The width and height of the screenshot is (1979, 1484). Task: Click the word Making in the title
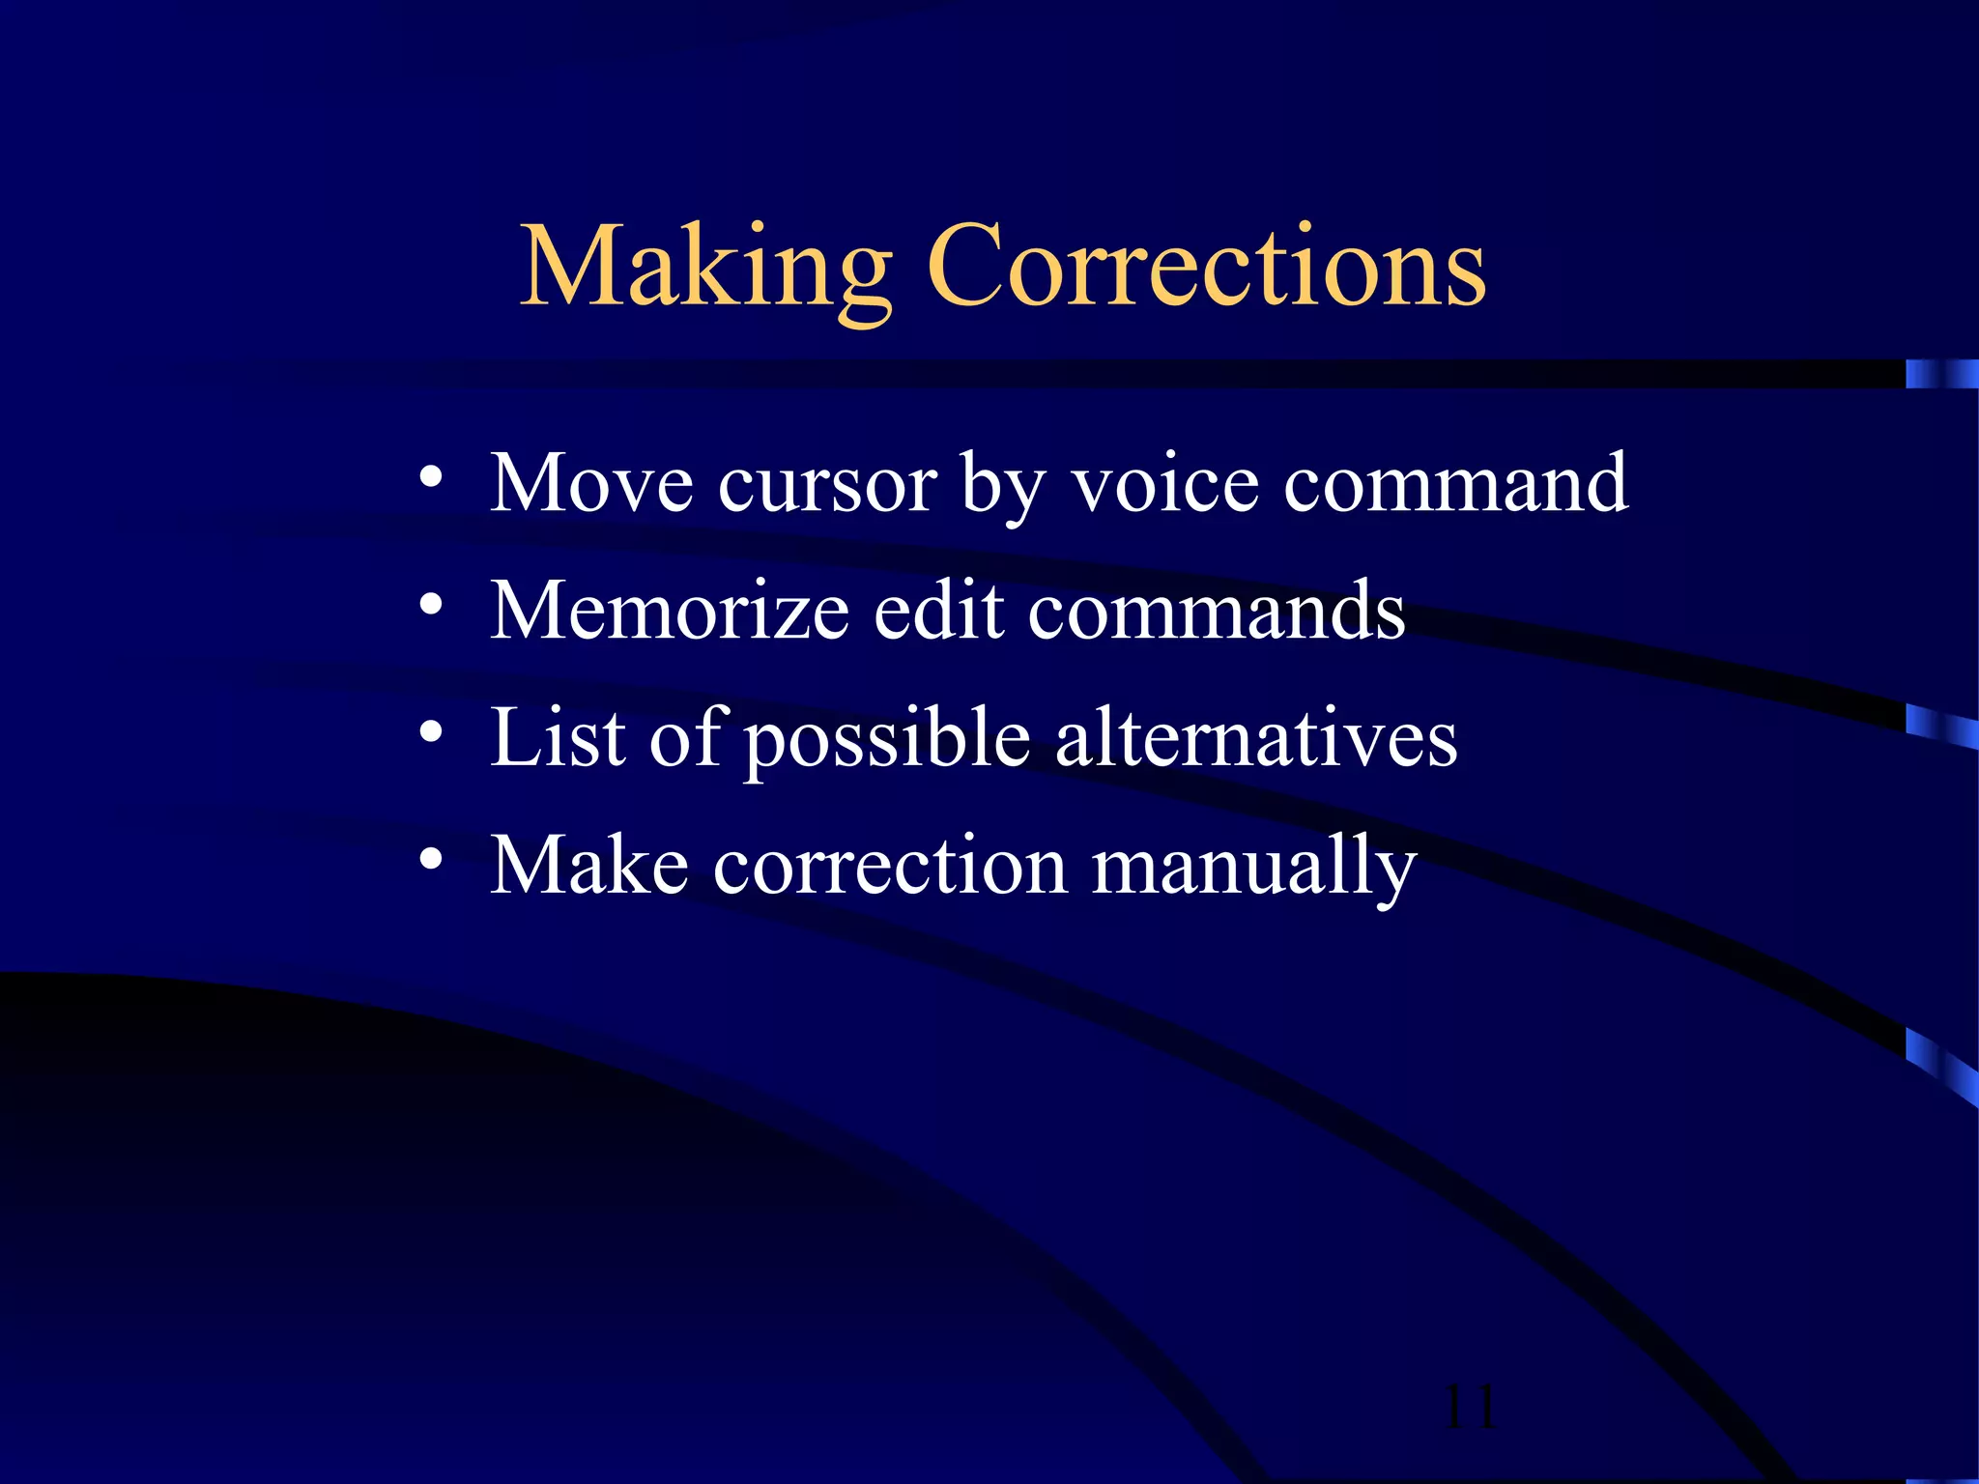tap(705, 268)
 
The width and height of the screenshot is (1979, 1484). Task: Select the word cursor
tap(827, 485)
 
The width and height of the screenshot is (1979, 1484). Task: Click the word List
tap(559, 738)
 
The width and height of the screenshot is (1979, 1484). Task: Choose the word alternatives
tap(1256, 738)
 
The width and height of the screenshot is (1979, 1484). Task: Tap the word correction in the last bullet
tap(890, 867)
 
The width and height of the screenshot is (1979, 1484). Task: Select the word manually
tap(1254, 869)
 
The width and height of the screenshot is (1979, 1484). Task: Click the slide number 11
tap(1469, 1408)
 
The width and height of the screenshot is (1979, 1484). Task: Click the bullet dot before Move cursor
tap(431, 477)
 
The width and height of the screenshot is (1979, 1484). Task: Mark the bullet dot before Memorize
tap(431, 605)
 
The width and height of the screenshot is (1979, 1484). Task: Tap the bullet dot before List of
tap(431, 732)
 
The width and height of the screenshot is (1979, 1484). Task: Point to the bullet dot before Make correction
tap(431, 859)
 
